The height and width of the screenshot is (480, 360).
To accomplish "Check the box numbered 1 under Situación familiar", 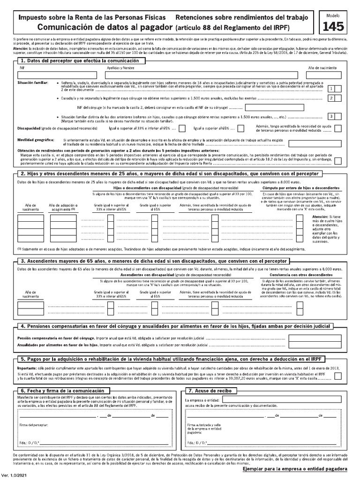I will click(x=331, y=89).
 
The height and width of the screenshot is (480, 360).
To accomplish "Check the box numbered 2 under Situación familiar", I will click(x=331, y=98).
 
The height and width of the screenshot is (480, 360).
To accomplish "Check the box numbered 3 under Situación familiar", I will click(x=331, y=116).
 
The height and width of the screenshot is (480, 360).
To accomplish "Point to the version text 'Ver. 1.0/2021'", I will click(x=14, y=476).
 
